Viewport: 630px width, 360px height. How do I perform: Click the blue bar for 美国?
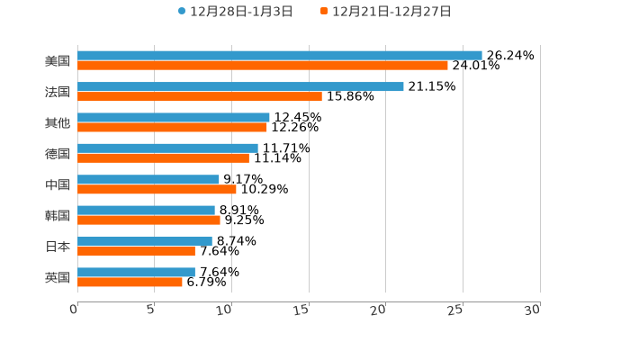point(279,56)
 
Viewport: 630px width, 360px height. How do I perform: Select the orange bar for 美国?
point(262,66)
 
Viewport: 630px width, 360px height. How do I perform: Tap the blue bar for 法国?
point(240,86)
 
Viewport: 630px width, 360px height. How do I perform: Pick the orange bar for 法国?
point(199,96)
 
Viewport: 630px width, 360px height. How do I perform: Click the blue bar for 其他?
point(173,117)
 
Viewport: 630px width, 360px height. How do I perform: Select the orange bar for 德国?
point(163,158)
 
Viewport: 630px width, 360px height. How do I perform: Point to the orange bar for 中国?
point(157,189)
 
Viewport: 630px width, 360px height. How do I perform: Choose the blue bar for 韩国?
point(146,210)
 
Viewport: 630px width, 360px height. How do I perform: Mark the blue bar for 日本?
point(144,241)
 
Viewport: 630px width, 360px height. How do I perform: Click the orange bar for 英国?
point(130,282)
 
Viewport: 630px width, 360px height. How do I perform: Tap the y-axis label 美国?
point(58,61)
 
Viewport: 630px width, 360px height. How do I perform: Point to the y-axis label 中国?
point(58,184)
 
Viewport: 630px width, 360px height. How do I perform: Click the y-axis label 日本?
point(58,247)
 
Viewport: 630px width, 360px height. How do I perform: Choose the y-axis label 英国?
point(58,277)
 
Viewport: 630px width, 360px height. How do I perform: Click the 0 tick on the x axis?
point(75,310)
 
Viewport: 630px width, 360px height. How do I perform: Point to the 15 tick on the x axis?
point(302,310)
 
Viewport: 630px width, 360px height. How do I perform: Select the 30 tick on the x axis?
point(533,310)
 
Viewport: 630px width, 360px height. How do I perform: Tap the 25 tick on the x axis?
point(456,310)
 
